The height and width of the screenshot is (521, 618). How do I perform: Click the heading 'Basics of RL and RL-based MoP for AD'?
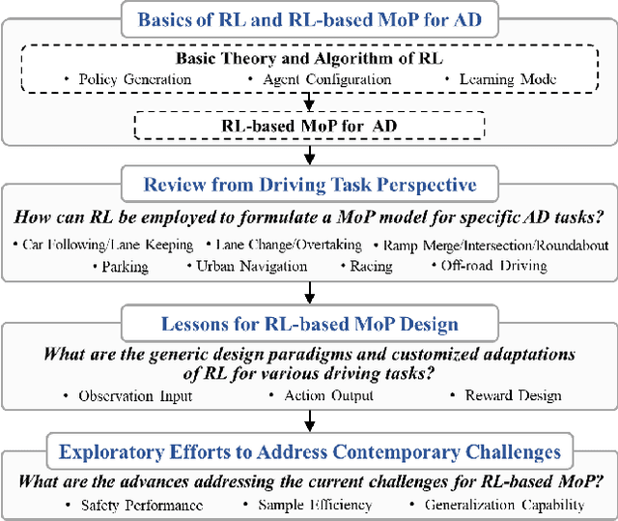point(308,19)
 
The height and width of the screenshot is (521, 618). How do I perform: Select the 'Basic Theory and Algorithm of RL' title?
point(308,56)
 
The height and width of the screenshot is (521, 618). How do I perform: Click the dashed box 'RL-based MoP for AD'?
point(308,124)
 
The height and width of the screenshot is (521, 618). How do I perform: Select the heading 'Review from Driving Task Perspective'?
point(308,185)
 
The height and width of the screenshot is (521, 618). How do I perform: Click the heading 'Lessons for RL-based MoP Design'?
point(308,326)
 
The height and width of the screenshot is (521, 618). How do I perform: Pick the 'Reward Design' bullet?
point(503,396)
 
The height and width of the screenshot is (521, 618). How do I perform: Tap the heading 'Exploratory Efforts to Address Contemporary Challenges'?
point(308,452)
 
